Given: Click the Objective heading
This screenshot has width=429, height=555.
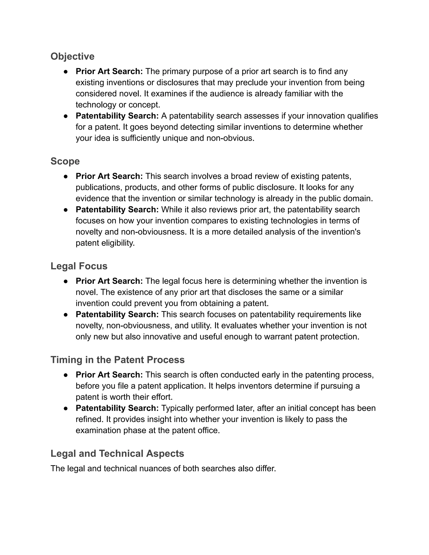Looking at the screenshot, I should click(72, 56).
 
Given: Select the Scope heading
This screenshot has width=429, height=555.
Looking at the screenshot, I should click(65, 161).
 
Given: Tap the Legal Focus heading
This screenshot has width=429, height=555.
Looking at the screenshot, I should click(79, 266).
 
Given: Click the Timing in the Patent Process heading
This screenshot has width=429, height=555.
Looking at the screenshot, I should click(118, 360).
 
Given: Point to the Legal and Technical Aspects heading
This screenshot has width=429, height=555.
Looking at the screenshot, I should click(117, 454).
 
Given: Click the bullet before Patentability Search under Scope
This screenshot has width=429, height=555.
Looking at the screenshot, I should click(66, 210).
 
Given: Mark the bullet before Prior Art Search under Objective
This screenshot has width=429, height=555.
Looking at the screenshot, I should click(66, 72).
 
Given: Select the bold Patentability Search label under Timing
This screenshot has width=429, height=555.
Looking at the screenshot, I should click(117, 408).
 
